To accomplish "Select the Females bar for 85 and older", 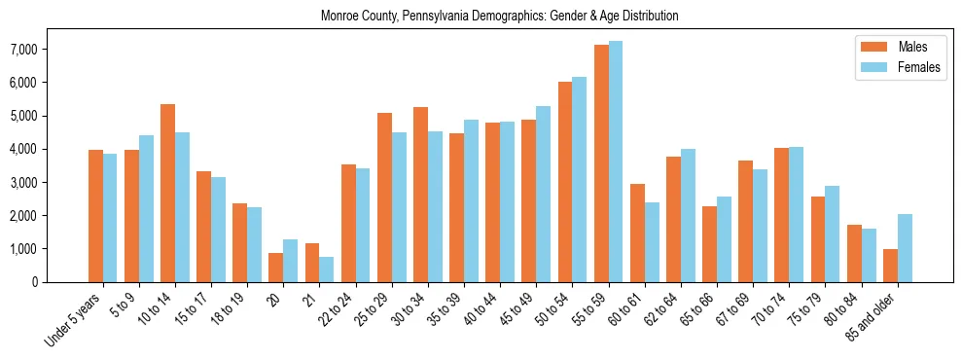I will (x=905, y=248).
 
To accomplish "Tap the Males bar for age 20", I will (x=276, y=268).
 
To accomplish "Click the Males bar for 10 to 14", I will (x=167, y=193).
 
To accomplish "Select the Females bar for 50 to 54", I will (x=579, y=179).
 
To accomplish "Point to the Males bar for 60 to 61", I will (x=637, y=233).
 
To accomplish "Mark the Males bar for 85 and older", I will (x=890, y=266).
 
